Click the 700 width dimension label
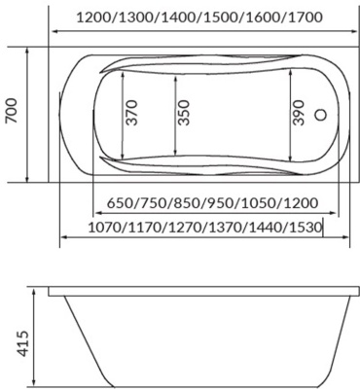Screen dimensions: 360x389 click(x=12, y=111)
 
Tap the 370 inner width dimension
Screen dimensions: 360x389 click(x=132, y=113)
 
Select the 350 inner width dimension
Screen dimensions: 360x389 click(x=184, y=113)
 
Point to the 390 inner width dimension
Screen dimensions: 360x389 click(x=299, y=113)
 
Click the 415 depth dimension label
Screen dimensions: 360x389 click(x=23, y=343)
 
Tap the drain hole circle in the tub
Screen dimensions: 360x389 click(x=321, y=115)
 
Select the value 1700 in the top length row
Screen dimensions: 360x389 click(x=305, y=18)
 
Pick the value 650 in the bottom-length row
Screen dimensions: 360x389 click(x=120, y=203)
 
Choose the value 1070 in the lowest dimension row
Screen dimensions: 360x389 click(x=105, y=228)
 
